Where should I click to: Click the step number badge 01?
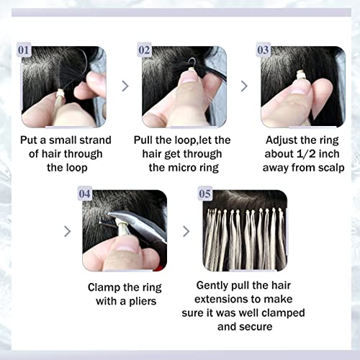point(24,50)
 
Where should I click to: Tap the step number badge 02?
point(144,50)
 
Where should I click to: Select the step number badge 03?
point(263,50)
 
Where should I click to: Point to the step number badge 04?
point(85,193)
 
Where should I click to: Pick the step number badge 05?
point(204,193)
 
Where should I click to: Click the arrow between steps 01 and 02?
point(125,86)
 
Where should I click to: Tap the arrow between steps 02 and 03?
point(244,86)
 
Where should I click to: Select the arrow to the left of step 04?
point(68,232)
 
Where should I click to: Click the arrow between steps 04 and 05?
point(186,232)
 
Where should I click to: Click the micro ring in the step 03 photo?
point(300,75)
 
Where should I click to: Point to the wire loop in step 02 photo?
point(192,63)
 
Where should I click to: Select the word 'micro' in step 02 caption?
point(182,168)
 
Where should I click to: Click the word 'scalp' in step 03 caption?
point(331,168)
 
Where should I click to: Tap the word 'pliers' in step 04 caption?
point(143,301)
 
